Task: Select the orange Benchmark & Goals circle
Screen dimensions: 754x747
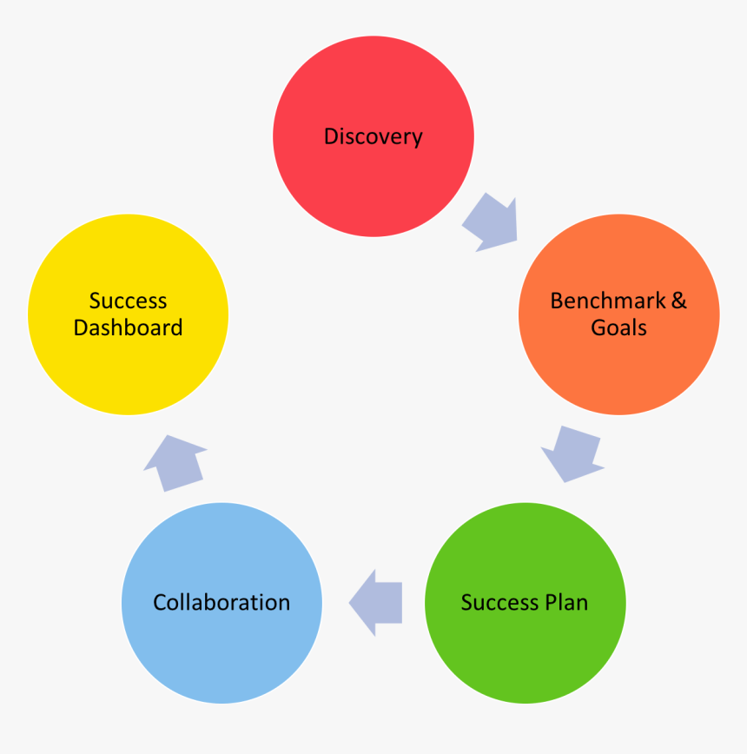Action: pyautogui.click(x=618, y=365)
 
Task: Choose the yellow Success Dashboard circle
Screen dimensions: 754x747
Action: pyautogui.click(x=128, y=365)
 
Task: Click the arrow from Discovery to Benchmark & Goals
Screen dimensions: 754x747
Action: pyautogui.click(x=492, y=223)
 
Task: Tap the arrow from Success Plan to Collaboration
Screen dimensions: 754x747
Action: pyautogui.click(x=376, y=602)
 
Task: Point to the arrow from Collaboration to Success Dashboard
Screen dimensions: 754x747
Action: pyautogui.click(x=175, y=462)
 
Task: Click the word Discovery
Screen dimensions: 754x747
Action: pyautogui.click(x=373, y=136)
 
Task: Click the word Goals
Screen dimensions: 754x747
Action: pyautogui.click(x=618, y=327)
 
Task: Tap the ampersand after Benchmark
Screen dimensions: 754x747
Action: pyautogui.click(x=678, y=301)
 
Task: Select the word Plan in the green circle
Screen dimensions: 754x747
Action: pyautogui.click(x=565, y=602)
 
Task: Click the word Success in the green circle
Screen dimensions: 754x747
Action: pyautogui.click(x=499, y=602)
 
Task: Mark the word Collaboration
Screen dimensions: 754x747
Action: pyautogui.click(x=221, y=602)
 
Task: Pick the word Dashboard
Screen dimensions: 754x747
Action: pyautogui.click(x=128, y=327)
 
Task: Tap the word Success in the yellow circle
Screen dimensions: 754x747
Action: pyautogui.click(x=128, y=301)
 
